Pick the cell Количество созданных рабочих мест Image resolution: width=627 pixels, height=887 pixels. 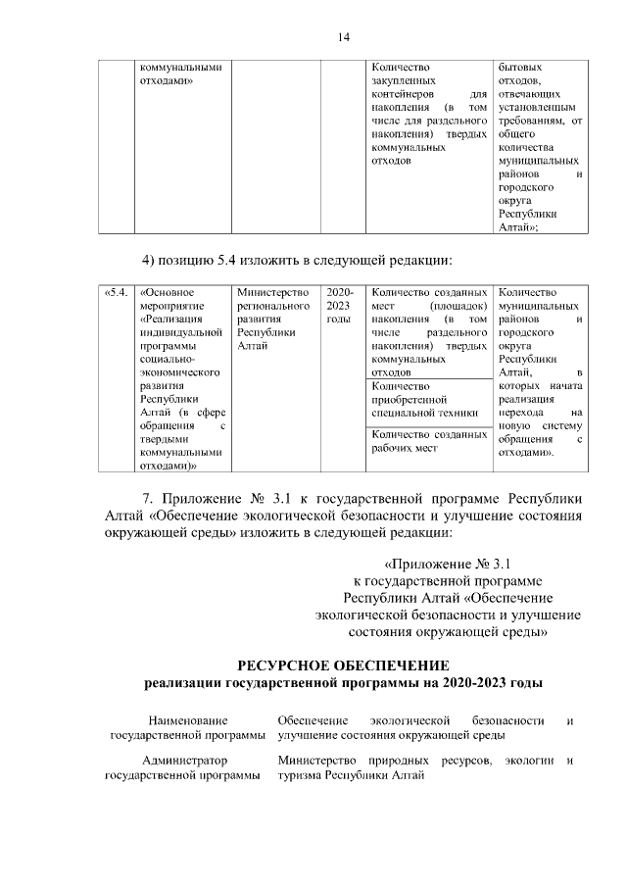coord(430,441)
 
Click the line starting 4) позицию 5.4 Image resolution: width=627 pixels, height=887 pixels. coord(297,260)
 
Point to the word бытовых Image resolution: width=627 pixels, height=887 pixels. coord(519,67)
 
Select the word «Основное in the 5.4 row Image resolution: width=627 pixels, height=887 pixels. coord(168,292)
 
